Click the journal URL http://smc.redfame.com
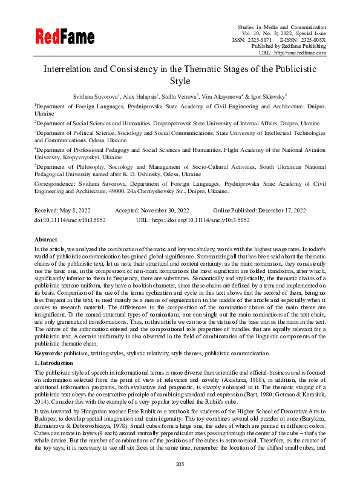(x=301, y=53)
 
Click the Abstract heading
(x=46, y=240)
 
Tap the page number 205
(x=180, y=481)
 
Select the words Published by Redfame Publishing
(x=289, y=46)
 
